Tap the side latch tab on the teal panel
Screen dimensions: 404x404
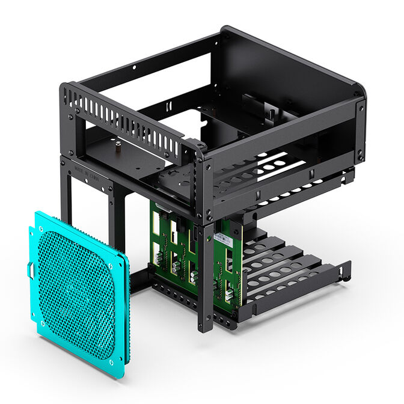(x=29, y=271)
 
